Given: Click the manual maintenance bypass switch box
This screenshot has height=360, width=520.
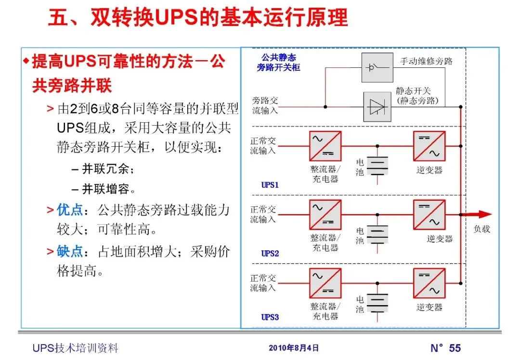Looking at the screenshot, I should point(377,67).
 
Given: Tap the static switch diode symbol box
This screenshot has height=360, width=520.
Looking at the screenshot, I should point(377,106).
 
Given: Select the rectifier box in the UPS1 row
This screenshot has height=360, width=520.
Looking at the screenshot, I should point(325,146).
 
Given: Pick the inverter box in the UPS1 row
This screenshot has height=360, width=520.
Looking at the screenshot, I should point(429,146).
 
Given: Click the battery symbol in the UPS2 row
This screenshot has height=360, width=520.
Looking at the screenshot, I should point(377,235).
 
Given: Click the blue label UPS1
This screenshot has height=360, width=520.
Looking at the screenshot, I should point(270,185).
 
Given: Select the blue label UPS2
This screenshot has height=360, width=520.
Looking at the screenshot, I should point(270,253).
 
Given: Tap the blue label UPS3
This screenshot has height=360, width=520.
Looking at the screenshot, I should point(270,317).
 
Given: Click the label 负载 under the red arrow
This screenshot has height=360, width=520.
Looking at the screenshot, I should point(481,229).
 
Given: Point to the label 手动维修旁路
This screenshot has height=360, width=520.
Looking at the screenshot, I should point(426,61).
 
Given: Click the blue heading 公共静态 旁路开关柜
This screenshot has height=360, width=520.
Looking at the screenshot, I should point(279,63).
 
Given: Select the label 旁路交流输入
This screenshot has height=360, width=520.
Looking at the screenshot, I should point(264,105).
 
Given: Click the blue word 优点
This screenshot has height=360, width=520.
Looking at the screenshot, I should point(70,210).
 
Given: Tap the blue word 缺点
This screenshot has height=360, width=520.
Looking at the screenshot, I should point(70,251).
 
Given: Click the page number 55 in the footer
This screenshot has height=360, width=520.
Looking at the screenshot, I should point(455,348).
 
